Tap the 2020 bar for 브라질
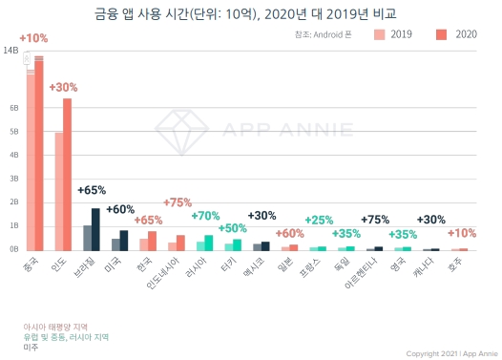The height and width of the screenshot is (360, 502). pyautogui.click(x=95, y=229)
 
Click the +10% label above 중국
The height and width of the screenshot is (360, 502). pyautogui.click(x=32, y=38)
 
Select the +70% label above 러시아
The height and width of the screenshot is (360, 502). pyautogui.click(x=205, y=216)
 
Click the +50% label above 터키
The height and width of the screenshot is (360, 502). pyautogui.click(x=233, y=228)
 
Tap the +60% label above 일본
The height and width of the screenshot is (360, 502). pyautogui.click(x=289, y=233)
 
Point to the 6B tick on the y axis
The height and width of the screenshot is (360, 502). pyautogui.click(x=14, y=108)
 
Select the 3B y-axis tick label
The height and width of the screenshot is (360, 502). pyautogui.click(x=14, y=179)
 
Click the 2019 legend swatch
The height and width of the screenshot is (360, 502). pyautogui.click(x=380, y=34)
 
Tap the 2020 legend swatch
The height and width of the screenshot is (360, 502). pyautogui.click(x=441, y=34)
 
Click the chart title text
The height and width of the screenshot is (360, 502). pyautogui.click(x=251, y=13)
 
